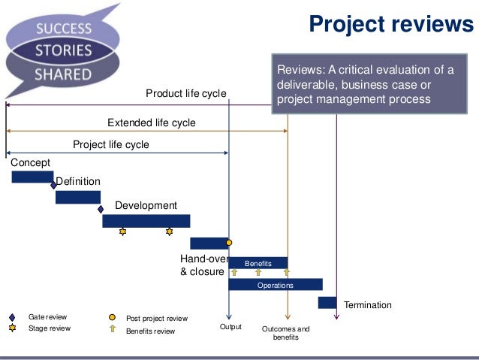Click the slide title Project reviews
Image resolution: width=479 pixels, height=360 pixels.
tap(392, 25)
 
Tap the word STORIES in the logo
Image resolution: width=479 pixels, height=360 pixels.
tap(66, 52)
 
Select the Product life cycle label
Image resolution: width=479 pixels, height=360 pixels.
tap(185, 93)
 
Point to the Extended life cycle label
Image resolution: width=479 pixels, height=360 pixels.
tap(151, 123)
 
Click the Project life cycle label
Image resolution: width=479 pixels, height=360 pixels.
tap(110, 145)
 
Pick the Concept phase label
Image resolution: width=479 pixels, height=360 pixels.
tap(31, 162)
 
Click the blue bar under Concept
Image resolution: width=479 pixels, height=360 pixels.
tap(32, 177)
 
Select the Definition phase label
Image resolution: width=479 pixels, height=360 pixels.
tap(78, 182)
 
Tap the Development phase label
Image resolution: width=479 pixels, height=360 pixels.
tap(146, 205)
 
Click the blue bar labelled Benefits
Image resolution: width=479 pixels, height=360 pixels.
tap(258, 263)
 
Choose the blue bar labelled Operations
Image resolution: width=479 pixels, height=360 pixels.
tap(275, 285)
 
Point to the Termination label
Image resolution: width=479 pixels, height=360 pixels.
tap(368, 305)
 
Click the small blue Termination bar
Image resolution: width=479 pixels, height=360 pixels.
tap(327, 302)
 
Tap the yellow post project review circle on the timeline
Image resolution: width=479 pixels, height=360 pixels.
tap(229, 243)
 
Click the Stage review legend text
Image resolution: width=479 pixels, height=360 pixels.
tap(50, 328)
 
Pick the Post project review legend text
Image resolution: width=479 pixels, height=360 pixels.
tap(157, 319)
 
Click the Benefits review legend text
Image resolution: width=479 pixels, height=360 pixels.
tap(150, 331)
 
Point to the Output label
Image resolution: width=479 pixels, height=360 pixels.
tap(230, 327)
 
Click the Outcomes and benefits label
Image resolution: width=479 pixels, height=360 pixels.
tap(285, 333)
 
